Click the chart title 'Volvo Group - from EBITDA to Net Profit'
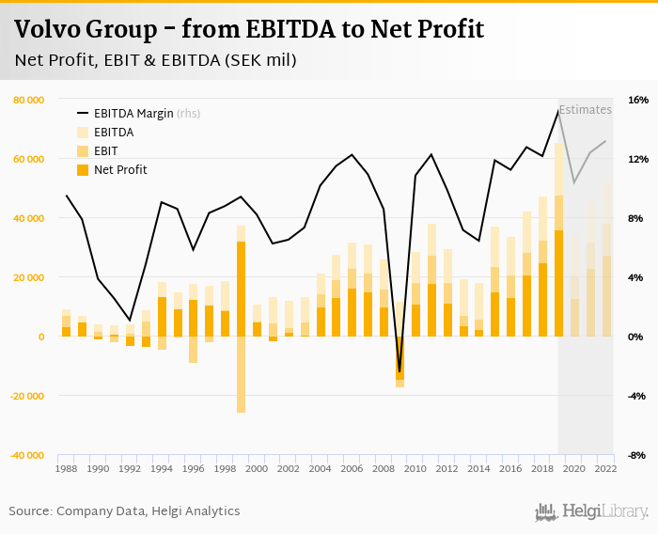click(x=249, y=30)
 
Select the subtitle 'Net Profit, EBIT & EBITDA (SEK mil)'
click(x=156, y=61)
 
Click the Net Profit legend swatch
click(x=82, y=170)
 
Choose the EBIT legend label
click(x=105, y=151)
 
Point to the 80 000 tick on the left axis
click(x=28, y=100)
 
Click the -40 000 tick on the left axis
click(x=27, y=455)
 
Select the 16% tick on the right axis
click(x=638, y=100)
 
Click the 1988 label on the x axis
click(x=67, y=468)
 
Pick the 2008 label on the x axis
click(x=384, y=468)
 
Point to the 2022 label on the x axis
click(x=606, y=468)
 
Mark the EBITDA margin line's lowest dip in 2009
click(x=399, y=373)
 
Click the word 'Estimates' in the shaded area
click(x=586, y=110)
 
